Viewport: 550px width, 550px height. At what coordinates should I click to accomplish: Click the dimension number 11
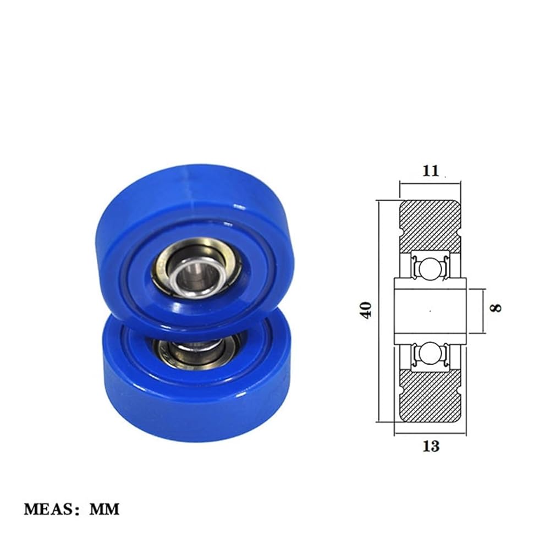431,171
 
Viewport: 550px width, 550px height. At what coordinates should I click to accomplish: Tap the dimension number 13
431,446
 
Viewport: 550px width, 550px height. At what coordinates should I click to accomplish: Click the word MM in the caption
105,509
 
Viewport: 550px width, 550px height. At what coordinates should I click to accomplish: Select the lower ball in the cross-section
430,353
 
